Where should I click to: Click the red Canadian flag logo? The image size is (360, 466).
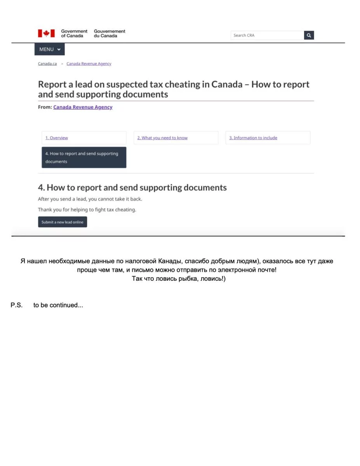(x=46, y=33)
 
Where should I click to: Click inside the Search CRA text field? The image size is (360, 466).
(x=267, y=35)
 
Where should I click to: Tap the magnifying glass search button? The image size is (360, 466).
(x=309, y=35)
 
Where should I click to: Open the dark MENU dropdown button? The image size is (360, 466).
(x=49, y=49)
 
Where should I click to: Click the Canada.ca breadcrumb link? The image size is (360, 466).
(x=47, y=64)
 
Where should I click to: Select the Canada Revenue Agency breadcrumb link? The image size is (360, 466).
(x=89, y=64)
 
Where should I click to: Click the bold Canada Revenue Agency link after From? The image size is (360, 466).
(x=83, y=107)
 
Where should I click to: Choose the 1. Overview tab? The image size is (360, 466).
(x=57, y=138)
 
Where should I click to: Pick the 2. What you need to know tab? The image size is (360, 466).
(x=162, y=138)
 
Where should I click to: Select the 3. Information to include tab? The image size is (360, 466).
(x=253, y=138)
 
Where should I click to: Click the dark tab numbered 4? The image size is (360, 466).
(x=84, y=157)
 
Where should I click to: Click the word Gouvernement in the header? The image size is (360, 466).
(x=110, y=31)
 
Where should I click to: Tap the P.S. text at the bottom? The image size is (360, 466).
(x=16, y=305)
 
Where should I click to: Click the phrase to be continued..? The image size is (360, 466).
(x=58, y=305)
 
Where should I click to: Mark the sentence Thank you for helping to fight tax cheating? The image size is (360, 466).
(x=87, y=210)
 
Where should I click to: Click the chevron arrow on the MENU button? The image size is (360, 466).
(x=59, y=50)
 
